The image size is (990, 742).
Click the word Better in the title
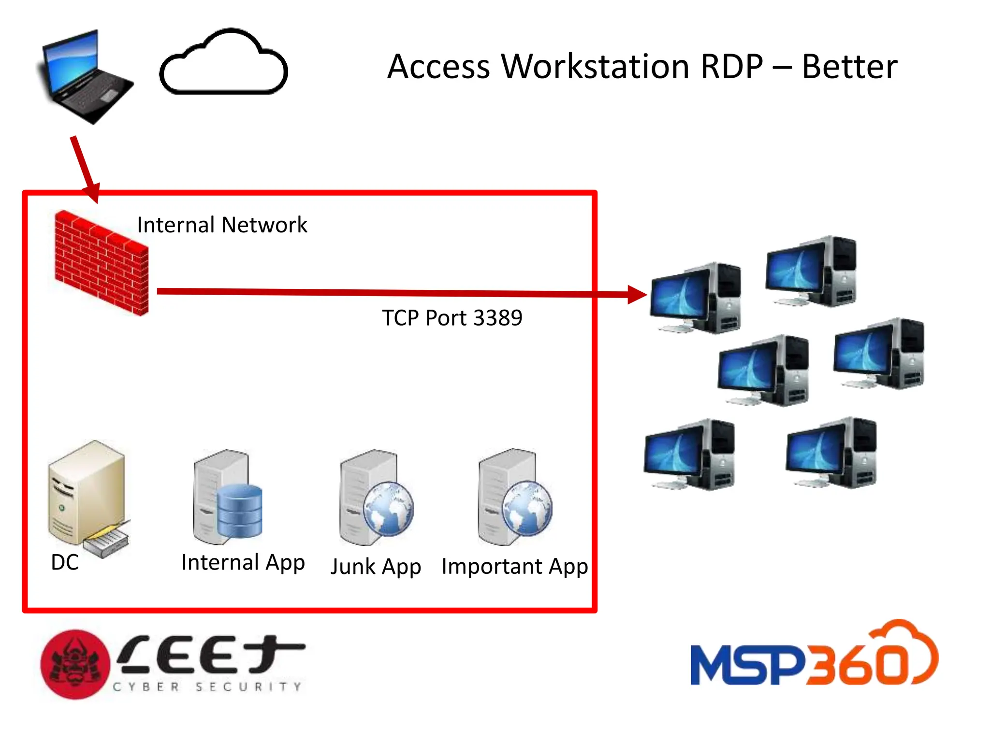[x=849, y=67]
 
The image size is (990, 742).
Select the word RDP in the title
[x=731, y=67]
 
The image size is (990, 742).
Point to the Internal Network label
[x=222, y=225]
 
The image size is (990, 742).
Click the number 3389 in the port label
[x=497, y=318]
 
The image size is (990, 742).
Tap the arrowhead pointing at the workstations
[x=637, y=294]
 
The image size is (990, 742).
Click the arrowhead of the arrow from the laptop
[x=92, y=193]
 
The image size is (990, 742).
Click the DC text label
[x=65, y=562]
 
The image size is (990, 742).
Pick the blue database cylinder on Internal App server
[x=239, y=511]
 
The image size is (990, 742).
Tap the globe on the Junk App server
[x=388, y=509]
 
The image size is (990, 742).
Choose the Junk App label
[x=376, y=567]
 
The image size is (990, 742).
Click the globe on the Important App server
[x=526, y=508]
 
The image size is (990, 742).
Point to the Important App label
[x=514, y=567]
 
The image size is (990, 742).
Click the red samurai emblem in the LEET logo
[x=75, y=664]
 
